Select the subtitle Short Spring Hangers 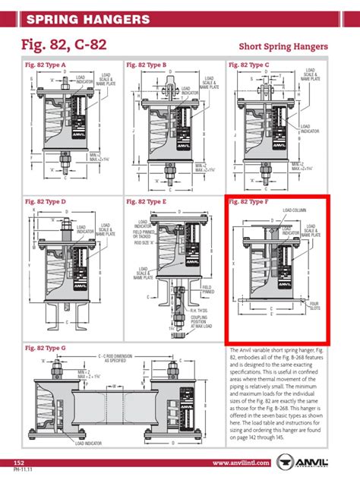pos(283,47)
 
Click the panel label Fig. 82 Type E pos(147,202)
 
